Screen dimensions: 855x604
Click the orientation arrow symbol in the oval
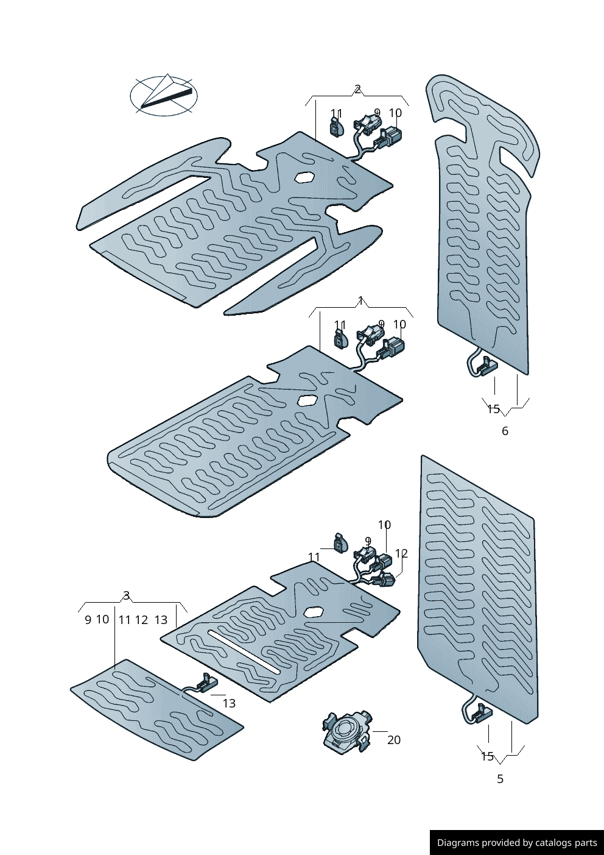tap(164, 96)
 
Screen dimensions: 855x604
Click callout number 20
tap(394, 740)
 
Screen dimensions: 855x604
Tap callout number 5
tap(500, 779)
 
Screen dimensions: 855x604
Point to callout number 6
tap(505, 431)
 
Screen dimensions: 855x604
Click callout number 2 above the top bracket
tap(357, 90)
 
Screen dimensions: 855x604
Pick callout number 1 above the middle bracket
tap(361, 300)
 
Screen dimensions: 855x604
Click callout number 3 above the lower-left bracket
tap(126, 595)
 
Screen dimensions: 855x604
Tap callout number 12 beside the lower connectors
tap(401, 553)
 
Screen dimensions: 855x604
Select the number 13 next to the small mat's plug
tap(229, 703)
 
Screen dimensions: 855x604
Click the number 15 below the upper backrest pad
tap(493, 409)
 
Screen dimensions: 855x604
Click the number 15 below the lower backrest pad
tap(488, 756)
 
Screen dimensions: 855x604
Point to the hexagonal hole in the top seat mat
tap(303, 178)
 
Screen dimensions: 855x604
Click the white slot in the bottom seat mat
tap(244, 651)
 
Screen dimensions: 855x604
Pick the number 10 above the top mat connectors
tap(395, 113)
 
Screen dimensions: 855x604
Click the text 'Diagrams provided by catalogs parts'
tap(517, 843)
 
